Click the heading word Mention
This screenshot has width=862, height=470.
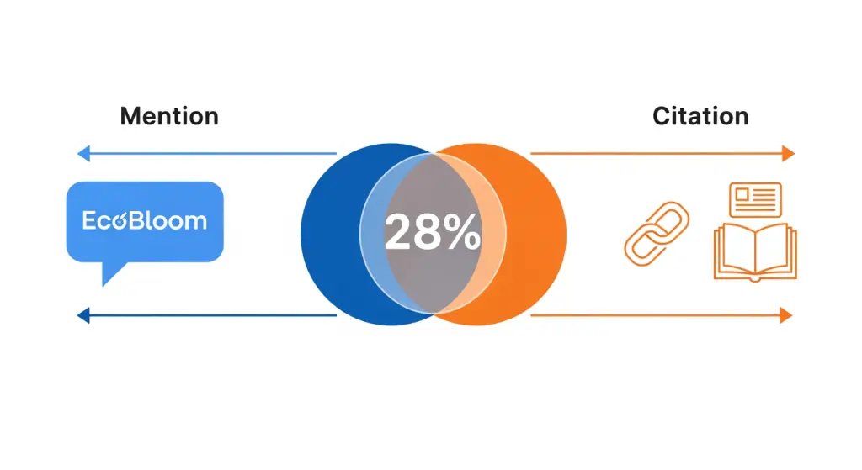169,116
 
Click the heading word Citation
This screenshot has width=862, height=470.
700,116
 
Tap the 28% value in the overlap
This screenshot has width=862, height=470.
432,232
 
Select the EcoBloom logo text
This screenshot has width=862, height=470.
145,221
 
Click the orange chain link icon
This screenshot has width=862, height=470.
657,234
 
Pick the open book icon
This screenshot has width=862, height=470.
755,252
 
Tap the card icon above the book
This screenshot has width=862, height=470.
755,200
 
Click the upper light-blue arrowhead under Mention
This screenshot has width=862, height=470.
83,154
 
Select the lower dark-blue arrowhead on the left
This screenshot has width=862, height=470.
83,315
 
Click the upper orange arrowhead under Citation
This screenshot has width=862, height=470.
788,154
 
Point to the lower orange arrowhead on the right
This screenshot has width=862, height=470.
787,315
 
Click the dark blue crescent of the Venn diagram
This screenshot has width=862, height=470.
330,235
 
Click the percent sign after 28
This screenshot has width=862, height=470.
462,232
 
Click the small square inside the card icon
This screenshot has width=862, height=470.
742,195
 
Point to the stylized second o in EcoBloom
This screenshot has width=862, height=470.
120,222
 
